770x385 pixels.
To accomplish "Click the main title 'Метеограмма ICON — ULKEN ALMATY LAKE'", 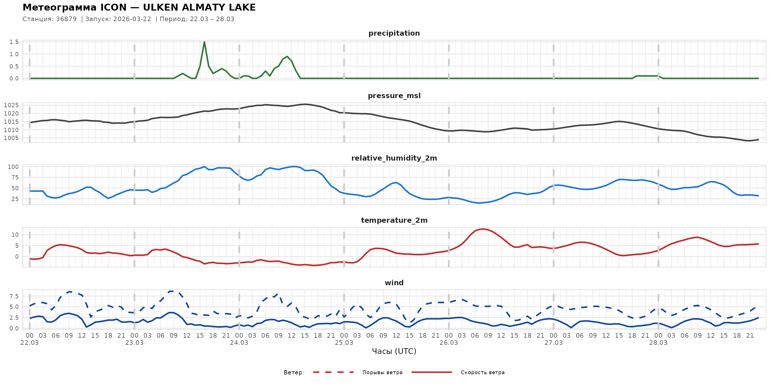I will point(139,7).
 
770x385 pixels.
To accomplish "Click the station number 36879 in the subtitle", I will point(66,19).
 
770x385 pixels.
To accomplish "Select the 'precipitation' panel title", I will point(394,33).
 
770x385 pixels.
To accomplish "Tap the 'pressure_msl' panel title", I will point(394,96).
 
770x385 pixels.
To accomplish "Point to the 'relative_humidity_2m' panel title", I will point(394,158).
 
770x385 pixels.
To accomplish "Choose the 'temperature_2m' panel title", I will point(394,220).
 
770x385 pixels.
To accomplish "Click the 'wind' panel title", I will point(394,283).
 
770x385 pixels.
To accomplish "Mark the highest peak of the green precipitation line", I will point(204,42).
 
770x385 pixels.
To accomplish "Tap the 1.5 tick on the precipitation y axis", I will point(14,42).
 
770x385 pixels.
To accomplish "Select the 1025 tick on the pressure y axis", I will point(11,105).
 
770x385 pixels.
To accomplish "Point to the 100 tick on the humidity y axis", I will point(13,167).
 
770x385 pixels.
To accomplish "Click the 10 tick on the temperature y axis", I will point(15,235).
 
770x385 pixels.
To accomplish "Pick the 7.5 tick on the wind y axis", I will point(14,296).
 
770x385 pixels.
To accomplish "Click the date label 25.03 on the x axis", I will point(344,343).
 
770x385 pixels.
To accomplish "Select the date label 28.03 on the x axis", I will point(658,343).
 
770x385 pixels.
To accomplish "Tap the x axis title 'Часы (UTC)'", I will point(394,351).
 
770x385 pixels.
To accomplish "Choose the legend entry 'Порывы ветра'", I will point(382,372).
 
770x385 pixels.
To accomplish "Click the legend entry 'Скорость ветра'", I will point(483,372).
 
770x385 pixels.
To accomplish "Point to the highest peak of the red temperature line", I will point(484,229).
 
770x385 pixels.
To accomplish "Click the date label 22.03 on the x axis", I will point(30,343).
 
